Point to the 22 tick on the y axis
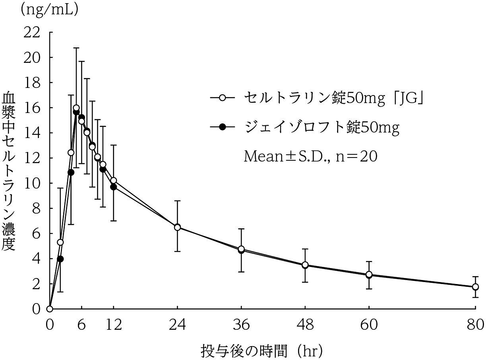33,32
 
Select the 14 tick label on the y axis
33,133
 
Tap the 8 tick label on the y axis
37,208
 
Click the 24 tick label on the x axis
177,325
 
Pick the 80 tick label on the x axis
475,325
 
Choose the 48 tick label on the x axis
305,325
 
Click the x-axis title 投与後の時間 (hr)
261,351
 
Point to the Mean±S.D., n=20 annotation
310,156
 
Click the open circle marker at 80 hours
475,287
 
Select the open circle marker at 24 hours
177,227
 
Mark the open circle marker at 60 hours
369,274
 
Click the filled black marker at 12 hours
113,187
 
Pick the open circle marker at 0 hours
50,309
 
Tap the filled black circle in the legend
222,127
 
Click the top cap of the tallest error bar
76,48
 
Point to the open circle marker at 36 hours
241,249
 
